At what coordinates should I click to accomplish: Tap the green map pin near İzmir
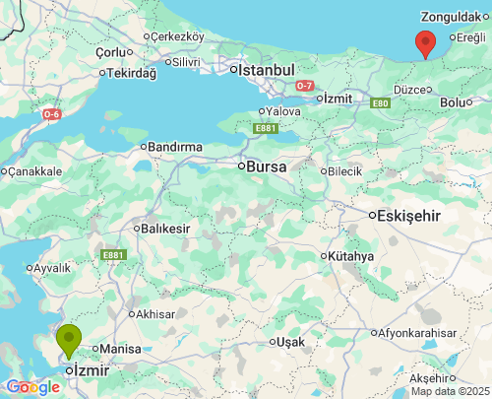(69, 341)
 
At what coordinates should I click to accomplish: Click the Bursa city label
(266, 166)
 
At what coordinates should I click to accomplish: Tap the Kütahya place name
(351, 256)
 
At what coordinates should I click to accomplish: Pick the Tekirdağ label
(131, 73)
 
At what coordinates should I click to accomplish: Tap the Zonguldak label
(450, 17)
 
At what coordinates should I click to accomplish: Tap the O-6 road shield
(51, 114)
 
